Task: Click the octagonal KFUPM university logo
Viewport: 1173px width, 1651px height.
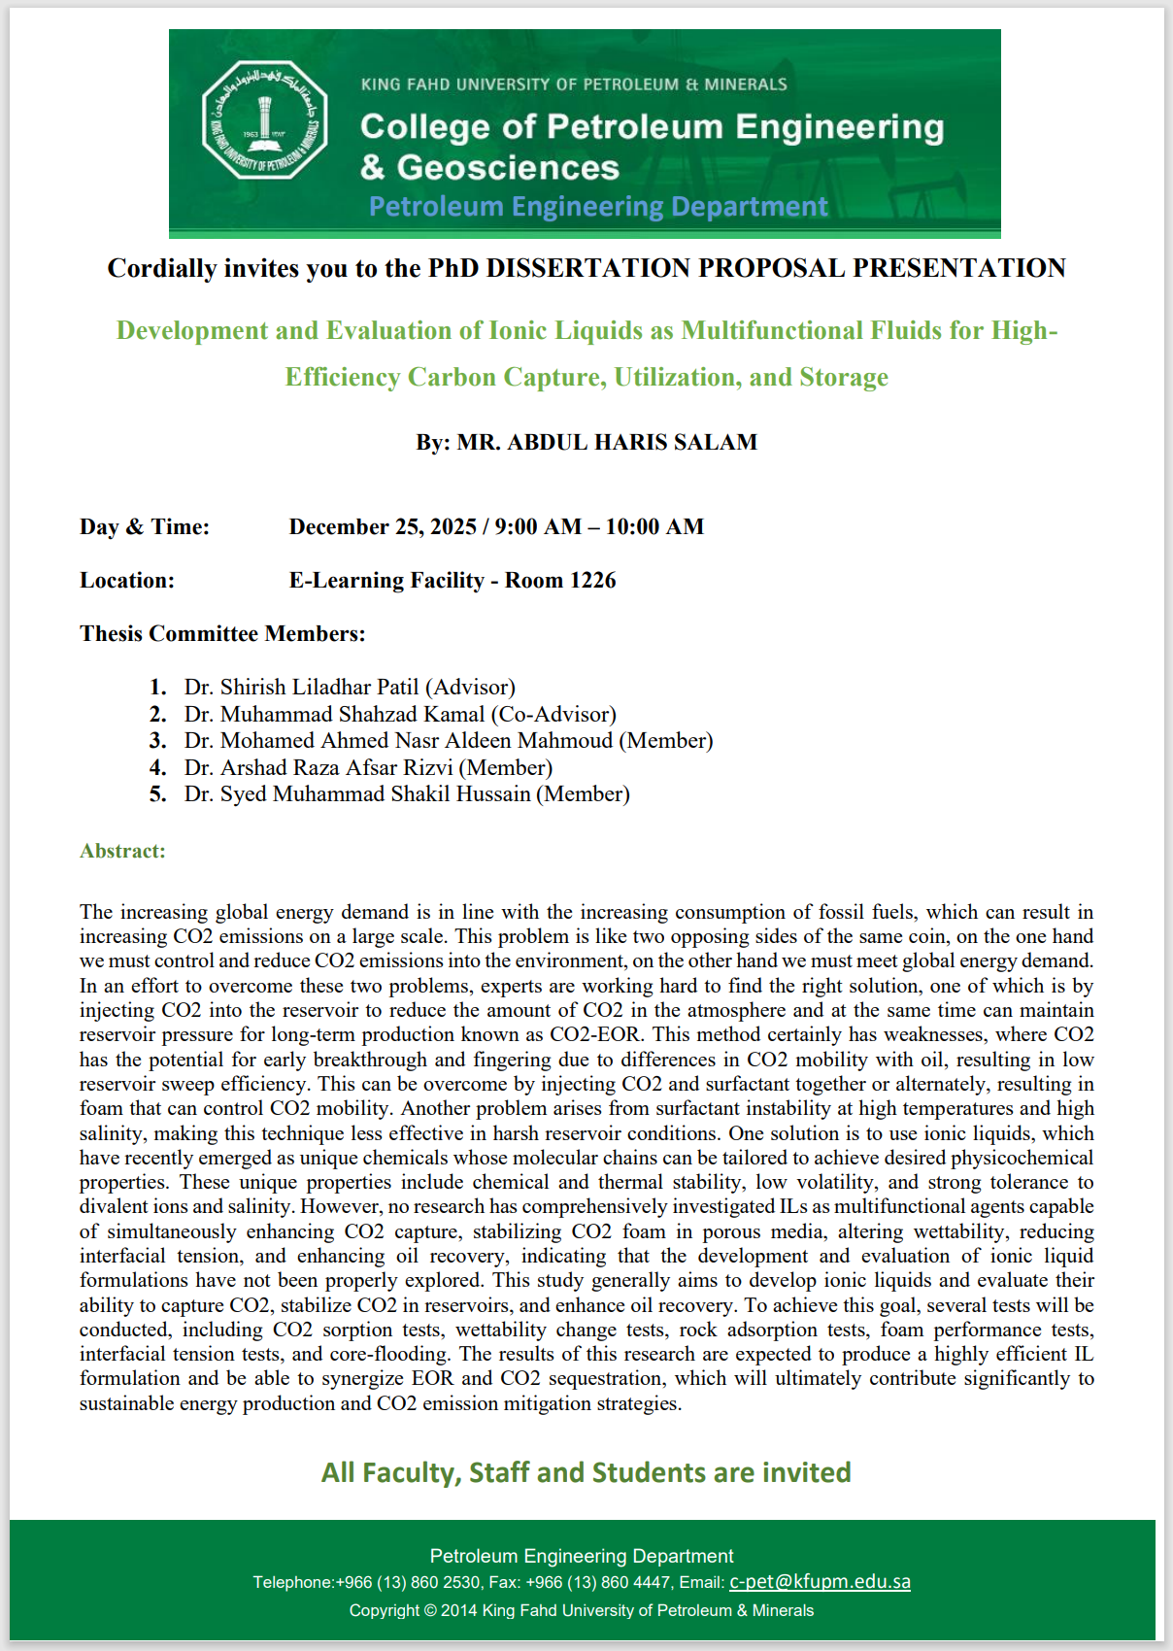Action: click(x=264, y=120)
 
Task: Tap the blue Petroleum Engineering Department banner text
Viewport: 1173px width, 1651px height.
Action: click(x=598, y=207)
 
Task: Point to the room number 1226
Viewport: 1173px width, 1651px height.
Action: click(x=592, y=580)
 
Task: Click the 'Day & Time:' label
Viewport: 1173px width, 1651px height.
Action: click(x=145, y=526)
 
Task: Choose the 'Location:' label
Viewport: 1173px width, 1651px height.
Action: click(x=127, y=580)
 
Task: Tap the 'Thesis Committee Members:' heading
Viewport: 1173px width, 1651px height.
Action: click(x=222, y=633)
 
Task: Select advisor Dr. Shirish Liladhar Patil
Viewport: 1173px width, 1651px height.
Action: click(x=350, y=687)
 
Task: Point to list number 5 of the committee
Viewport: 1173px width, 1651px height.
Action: click(x=158, y=793)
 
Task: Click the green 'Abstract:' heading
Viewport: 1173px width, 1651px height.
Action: click(x=122, y=851)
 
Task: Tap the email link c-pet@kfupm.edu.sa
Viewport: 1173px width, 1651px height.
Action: click(x=820, y=1582)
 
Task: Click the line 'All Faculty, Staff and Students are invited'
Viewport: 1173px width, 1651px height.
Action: click(x=586, y=1472)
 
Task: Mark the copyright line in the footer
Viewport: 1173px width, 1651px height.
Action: click(x=582, y=1610)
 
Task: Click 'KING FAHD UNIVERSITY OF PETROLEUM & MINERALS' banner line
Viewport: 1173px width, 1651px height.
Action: click(x=574, y=84)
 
